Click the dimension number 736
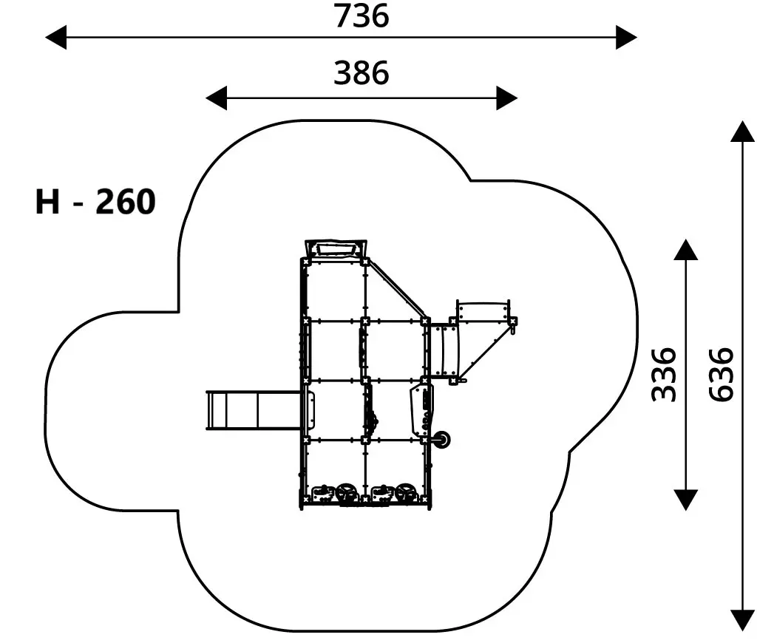click(361, 16)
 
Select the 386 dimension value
click(361, 73)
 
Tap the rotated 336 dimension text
click(663, 375)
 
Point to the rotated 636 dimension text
click(722, 375)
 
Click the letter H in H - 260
click(47, 201)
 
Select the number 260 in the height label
click(126, 201)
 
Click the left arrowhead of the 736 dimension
click(56, 37)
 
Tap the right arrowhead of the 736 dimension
click(626, 37)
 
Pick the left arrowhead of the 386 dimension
click(217, 98)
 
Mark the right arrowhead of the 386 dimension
click(507, 98)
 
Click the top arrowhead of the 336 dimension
click(685, 250)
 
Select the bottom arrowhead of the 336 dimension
click(685, 500)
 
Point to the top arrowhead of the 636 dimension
click(742, 132)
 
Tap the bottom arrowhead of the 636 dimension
click(742, 620)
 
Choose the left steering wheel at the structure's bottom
click(347, 494)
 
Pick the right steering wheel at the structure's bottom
click(407, 494)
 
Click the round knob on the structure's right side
click(441, 440)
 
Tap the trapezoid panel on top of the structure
click(336, 250)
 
